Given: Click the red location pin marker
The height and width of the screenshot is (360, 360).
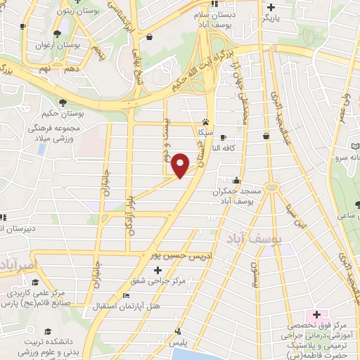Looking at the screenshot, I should [181, 165].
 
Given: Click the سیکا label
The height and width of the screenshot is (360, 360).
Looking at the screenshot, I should [205, 131].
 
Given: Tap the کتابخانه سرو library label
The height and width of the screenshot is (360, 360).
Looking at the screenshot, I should [348, 158].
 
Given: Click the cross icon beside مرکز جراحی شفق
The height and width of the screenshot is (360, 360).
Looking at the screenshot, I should [157, 270].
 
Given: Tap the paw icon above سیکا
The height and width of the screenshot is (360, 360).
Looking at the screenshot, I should [206, 121].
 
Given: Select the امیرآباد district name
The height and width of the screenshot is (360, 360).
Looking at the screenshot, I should [15, 265].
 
